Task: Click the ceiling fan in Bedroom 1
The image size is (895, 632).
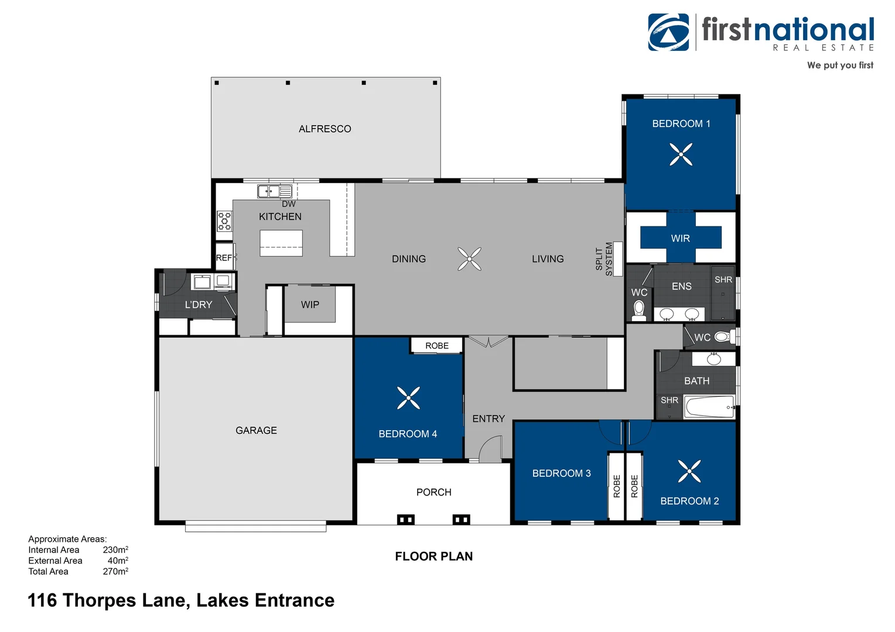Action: click(x=681, y=154)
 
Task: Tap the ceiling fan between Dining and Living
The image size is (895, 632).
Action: click(x=470, y=259)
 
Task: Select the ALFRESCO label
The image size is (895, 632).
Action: click(x=325, y=129)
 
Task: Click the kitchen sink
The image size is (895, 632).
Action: click(x=275, y=191)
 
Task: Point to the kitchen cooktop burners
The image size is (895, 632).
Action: click(x=224, y=221)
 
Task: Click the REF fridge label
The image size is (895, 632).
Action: click(x=224, y=258)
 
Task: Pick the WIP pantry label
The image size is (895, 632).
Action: click(x=310, y=305)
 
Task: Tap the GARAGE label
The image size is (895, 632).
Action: click(x=256, y=430)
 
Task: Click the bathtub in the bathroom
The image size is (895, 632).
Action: click(x=709, y=407)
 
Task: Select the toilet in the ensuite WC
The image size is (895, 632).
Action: click(x=639, y=311)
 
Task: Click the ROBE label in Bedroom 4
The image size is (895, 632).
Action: click(x=437, y=346)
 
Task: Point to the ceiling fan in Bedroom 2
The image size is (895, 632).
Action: click(x=689, y=471)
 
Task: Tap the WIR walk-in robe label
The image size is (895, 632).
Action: click(x=681, y=238)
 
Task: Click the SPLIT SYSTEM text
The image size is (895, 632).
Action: click(x=604, y=259)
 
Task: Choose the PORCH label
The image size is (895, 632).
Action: click(x=434, y=492)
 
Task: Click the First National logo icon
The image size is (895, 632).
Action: click(x=668, y=32)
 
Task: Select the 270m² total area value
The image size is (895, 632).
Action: click(x=115, y=571)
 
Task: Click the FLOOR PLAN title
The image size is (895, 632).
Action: click(x=434, y=556)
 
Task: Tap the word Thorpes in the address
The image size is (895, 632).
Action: click(x=99, y=601)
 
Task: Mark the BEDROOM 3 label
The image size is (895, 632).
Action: click(x=561, y=473)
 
